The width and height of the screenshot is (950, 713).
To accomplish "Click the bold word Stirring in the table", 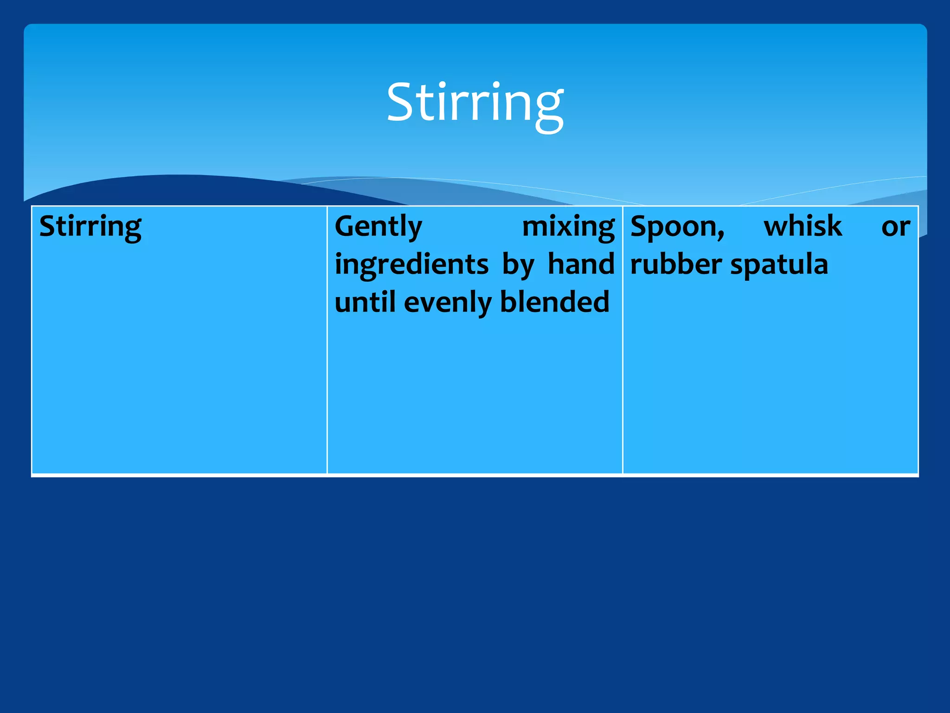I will click(x=90, y=227).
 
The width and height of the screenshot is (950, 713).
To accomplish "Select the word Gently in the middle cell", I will click(x=379, y=227).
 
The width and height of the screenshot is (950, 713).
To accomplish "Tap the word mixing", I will click(x=568, y=227).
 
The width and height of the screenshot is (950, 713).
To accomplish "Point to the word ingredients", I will click(x=412, y=265).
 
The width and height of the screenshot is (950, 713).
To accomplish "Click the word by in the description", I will click(x=518, y=265).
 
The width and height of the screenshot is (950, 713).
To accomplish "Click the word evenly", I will click(x=447, y=303).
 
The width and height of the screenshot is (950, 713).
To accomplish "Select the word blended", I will click(x=555, y=302).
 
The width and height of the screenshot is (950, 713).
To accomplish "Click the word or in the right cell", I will click(x=896, y=227).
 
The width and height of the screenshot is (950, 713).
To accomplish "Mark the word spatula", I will click(x=779, y=265).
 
